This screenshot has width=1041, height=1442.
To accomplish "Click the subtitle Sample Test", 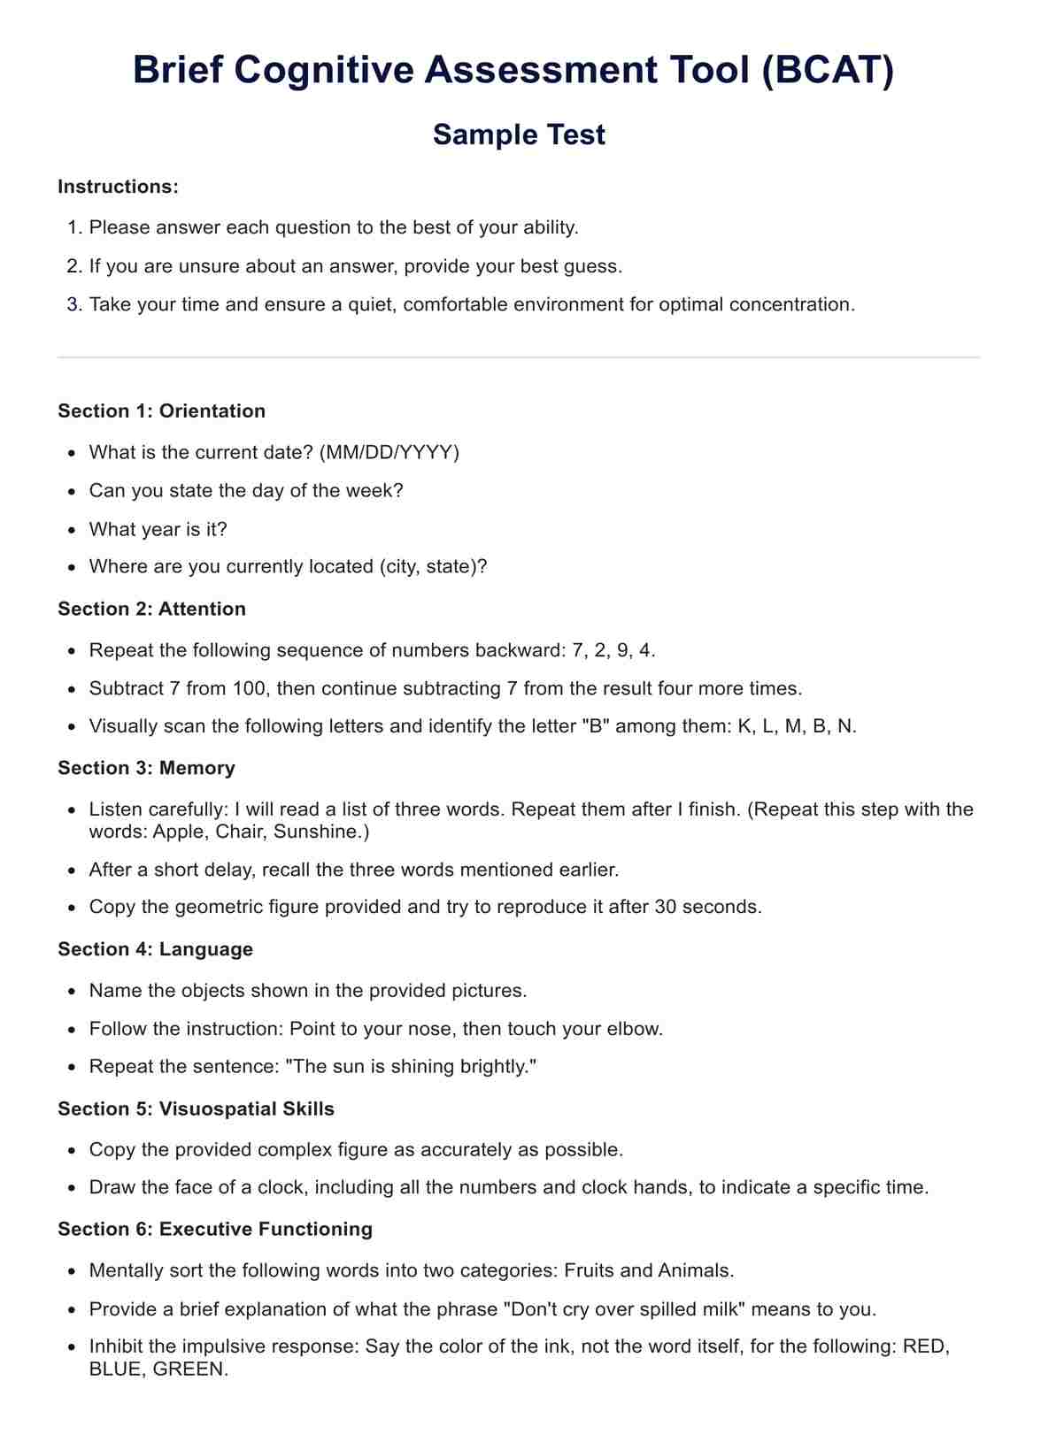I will pos(520,134).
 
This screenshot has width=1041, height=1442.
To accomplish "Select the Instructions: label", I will pos(119,187).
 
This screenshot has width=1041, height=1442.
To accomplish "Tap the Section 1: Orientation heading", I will pos(162,410).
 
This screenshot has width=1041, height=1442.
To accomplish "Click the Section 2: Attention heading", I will pos(152,609).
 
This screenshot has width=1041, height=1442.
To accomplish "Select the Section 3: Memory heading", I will pos(147,768).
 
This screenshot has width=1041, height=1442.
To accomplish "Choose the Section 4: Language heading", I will pos(156,949).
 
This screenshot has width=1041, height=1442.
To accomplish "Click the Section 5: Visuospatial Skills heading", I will pos(197,1108).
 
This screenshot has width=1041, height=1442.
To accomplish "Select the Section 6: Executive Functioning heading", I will pos(216,1229).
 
